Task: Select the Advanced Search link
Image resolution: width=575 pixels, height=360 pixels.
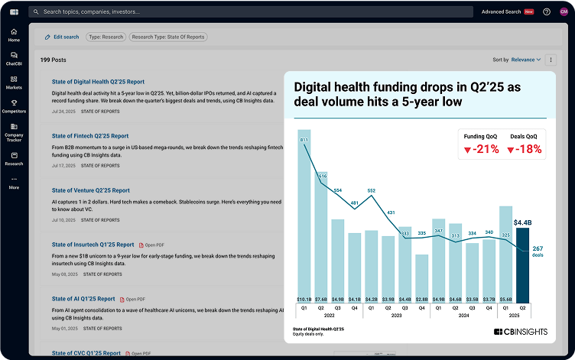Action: (x=502, y=12)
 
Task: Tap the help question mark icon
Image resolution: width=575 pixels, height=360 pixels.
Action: (x=547, y=12)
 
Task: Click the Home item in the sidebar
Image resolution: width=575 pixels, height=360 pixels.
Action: (x=14, y=35)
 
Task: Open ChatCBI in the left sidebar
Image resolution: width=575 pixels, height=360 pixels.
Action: (x=14, y=59)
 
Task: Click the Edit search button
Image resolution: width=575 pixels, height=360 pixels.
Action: (x=62, y=37)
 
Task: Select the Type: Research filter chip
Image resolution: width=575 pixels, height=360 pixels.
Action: (x=106, y=37)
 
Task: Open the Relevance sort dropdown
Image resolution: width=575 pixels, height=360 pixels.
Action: (x=526, y=60)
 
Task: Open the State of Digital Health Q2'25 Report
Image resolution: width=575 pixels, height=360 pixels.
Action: (x=98, y=82)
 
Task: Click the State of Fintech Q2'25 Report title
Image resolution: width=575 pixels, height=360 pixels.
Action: (x=90, y=136)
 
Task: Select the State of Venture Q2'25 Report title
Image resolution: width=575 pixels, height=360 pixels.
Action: (x=91, y=190)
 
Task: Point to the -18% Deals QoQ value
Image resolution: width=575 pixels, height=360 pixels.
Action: (x=525, y=149)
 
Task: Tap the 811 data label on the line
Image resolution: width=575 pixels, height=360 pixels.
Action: (x=305, y=141)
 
